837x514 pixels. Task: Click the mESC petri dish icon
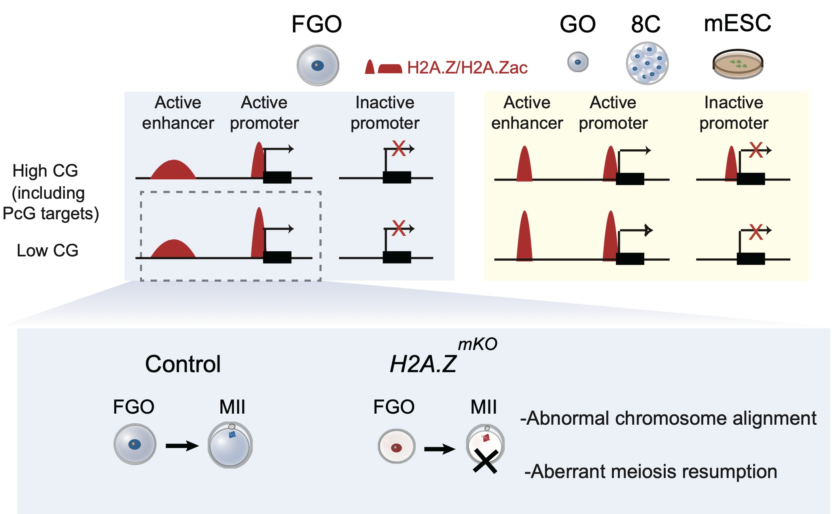(x=738, y=64)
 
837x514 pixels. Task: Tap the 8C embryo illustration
(x=647, y=63)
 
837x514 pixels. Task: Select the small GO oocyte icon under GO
(x=578, y=62)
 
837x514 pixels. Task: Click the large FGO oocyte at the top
(x=318, y=65)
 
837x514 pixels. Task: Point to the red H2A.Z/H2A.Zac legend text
(x=467, y=68)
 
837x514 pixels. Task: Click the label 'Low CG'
(x=47, y=250)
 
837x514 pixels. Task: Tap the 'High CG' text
(x=45, y=171)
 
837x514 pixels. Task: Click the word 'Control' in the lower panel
(x=183, y=364)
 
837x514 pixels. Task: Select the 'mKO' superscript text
(x=477, y=344)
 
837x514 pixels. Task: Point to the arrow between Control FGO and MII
(x=182, y=446)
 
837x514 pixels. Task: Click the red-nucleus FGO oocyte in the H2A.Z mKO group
(x=396, y=446)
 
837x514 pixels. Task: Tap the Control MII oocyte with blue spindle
(x=230, y=445)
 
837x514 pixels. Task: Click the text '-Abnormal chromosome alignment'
(x=668, y=418)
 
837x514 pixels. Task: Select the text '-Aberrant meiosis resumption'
(x=651, y=472)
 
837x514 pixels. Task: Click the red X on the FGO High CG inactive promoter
(x=399, y=149)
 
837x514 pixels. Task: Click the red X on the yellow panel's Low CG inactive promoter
(x=756, y=232)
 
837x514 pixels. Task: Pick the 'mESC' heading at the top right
(x=737, y=23)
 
